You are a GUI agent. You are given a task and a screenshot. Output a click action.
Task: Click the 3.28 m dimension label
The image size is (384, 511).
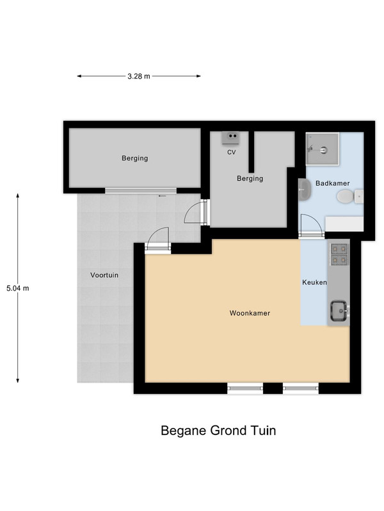click(x=139, y=76)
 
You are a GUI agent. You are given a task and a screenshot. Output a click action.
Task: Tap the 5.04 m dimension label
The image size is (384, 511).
click(x=18, y=288)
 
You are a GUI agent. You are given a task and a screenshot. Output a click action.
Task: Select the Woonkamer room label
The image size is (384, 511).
click(x=250, y=313)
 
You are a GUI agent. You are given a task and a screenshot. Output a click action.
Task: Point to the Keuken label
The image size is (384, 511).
click(x=314, y=282)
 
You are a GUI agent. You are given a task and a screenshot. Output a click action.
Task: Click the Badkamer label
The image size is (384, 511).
click(x=332, y=183)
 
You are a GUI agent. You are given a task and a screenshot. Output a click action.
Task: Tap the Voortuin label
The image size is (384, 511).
click(x=104, y=275)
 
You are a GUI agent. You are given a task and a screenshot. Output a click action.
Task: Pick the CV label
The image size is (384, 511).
click(x=232, y=152)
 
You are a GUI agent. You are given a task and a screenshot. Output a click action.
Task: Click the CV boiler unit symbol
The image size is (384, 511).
click(x=231, y=138)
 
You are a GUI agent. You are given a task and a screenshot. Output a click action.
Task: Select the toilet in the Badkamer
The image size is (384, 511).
click(x=350, y=197)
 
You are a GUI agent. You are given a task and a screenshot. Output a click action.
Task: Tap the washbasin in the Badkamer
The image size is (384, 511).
click(x=305, y=190)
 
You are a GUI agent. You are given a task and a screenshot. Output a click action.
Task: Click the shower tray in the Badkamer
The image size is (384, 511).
click(x=323, y=149)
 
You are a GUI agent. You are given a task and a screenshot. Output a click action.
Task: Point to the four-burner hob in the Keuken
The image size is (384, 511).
click(x=339, y=254)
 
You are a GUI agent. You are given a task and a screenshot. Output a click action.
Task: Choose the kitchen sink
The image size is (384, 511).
click(x=339, y=310)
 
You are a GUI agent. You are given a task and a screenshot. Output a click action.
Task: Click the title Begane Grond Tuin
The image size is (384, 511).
click(x=218, y=431)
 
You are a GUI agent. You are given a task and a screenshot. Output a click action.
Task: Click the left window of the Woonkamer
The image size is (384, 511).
click(x=245, y=388)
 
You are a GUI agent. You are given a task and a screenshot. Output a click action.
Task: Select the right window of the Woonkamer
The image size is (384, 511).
click(x=301, y=388)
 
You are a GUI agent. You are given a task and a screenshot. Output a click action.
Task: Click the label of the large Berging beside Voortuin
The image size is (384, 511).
click(x=135, y=158)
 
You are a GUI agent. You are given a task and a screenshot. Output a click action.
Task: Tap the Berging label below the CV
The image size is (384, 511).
click(x=250, y=178)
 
